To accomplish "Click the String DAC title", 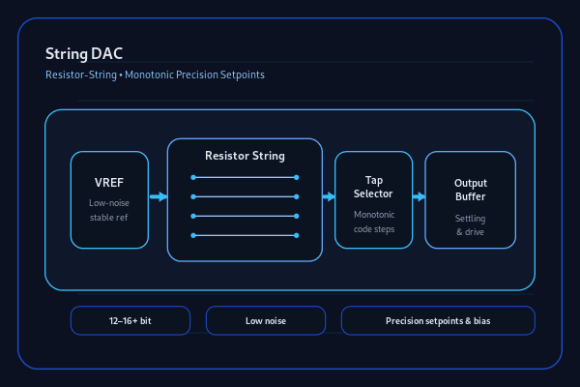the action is click(84, 54).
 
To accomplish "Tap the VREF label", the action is click(109, 183).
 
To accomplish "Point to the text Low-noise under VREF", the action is click(109, 203).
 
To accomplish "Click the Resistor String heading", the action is click(245, 156).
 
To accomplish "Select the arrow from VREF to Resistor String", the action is click(159, 196).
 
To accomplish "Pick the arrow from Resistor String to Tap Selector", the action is click(329, 196).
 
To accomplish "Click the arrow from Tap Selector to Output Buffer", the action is click(420, 196).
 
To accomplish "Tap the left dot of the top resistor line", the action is click(193, 178).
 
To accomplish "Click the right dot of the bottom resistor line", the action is click(297, 235).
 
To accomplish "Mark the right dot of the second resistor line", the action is click(297, 197).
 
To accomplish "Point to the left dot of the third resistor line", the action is click(193, 217).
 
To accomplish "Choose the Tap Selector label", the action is click(373, 187).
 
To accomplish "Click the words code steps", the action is click(374, 229).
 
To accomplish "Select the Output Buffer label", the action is click(471, 190).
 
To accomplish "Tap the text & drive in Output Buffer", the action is click(470, 232).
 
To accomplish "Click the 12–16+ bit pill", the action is click(130, 320).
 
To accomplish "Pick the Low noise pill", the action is click(266, 320).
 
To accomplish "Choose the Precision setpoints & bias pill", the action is click(438, 320).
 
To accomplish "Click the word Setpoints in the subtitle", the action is click(243, 75).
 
